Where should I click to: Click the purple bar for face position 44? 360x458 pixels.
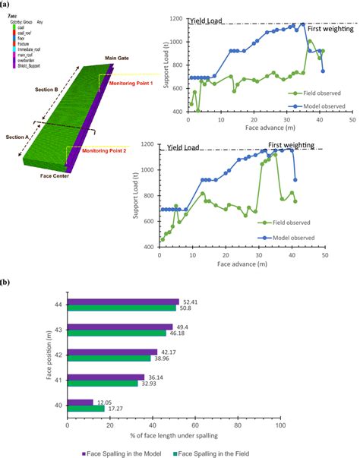tap(123, 302)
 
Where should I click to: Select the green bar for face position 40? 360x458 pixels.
tap(86, 409)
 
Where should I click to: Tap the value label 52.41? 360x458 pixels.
tap(191, 302)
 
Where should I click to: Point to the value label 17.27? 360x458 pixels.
tap(115, 409)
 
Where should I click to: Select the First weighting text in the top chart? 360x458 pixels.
tap(328, 27)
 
